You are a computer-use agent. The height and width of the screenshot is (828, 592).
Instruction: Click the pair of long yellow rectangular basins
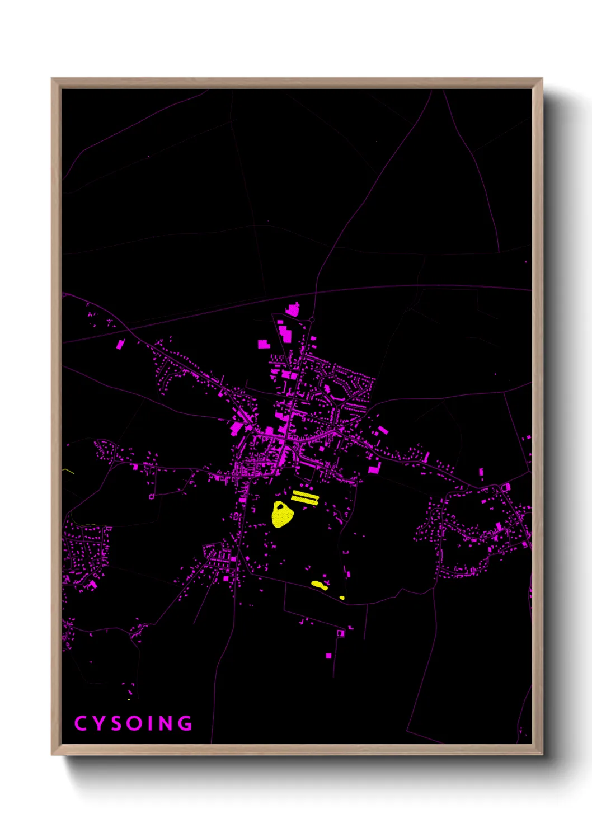(x=305, y=497)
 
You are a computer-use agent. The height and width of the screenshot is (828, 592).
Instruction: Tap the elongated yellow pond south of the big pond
(x=319, y=585)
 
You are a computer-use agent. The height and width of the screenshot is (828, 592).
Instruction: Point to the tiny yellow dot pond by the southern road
(x=342, y=598)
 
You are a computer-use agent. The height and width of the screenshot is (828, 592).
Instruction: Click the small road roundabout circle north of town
(x=312, y=319)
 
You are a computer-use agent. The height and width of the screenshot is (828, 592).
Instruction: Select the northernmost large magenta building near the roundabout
(x=293, y=309)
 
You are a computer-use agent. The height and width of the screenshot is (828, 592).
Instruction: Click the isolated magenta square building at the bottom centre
(x=328, y=655)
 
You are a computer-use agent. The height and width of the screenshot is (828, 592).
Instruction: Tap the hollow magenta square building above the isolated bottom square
(x=340, y=633)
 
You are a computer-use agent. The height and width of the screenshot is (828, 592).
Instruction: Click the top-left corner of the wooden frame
(x=53, y=79)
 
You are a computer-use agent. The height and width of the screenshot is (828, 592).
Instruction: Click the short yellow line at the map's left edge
(x=68, y=471)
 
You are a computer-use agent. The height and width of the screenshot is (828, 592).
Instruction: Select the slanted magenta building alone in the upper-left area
(x=120, y=344)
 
